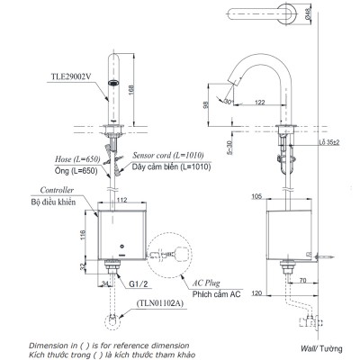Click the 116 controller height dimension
tap(82, 235)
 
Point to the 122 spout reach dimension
tap(257, 103)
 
